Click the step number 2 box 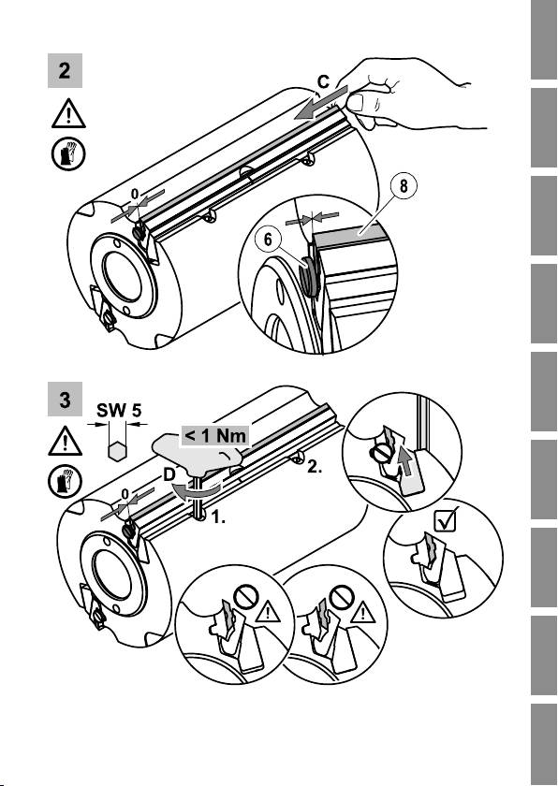(65, 71)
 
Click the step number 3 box (65, 400)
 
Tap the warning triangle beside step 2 (68, 113)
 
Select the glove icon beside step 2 (68, 154)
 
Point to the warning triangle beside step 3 (66, 441)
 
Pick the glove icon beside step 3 (65, 482)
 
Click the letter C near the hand (324, 82)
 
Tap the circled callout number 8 (404, 186)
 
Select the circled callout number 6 (268, 240)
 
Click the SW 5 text (119, 411)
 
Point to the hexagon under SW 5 (117, 451)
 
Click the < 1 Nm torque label (215, 435)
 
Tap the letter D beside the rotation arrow (169, 474)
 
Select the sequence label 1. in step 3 (217, 517)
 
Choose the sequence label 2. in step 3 (315, 467)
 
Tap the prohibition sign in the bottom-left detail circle (246, 598)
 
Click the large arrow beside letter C (321, 102)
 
